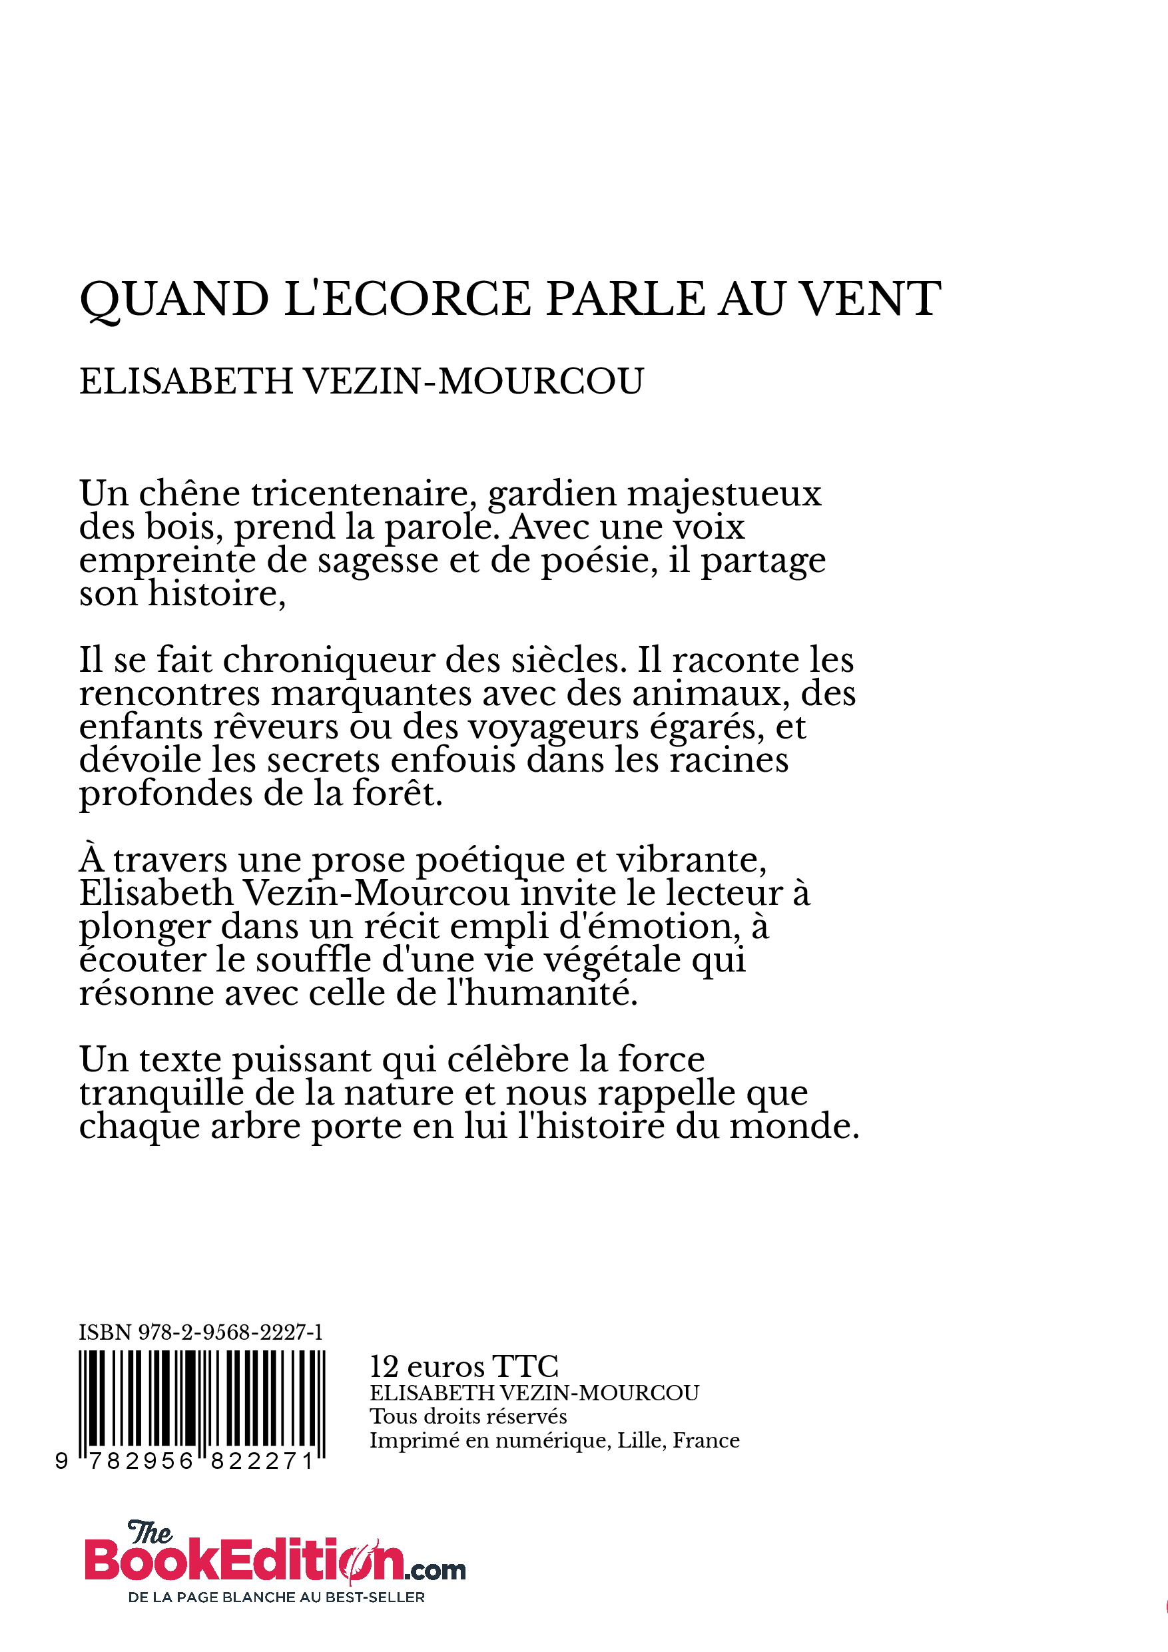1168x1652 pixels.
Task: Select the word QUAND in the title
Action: [174, 300]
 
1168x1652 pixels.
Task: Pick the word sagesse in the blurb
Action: [378, 561]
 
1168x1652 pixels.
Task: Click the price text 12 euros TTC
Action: [463, 1366]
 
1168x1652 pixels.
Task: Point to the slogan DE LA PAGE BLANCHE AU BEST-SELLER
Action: [276, 1597]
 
